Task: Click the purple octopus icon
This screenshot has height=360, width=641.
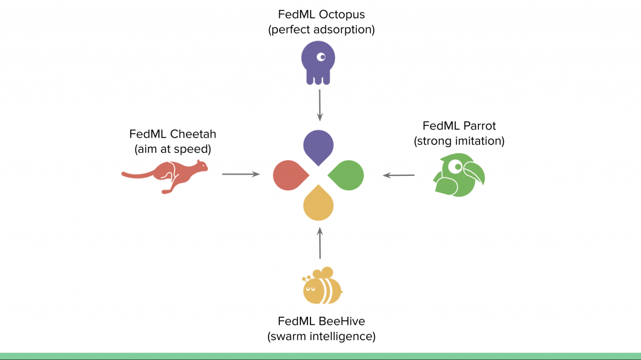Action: (x=318, y=63)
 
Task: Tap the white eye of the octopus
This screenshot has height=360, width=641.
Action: (x=321, y=57)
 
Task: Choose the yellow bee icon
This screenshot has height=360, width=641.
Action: (x=321, y=287)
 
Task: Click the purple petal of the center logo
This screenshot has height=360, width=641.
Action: (x=319, y=145)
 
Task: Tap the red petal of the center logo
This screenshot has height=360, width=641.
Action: (x=289, y=174)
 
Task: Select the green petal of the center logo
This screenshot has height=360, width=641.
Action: (x=348, y=174)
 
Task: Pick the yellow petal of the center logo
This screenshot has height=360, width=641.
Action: (x=319, y=204)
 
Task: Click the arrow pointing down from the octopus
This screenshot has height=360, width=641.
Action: (x=320, y=105)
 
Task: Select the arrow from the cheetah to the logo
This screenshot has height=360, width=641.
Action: (x=240, y=174)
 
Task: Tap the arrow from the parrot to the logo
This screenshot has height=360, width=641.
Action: (x=399, y=175)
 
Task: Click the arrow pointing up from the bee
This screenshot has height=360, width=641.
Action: (x=320, y=244)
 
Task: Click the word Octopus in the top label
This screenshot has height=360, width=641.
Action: (x=342, y=13)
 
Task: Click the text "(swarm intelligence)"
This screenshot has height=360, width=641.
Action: (x=321, y=337)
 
